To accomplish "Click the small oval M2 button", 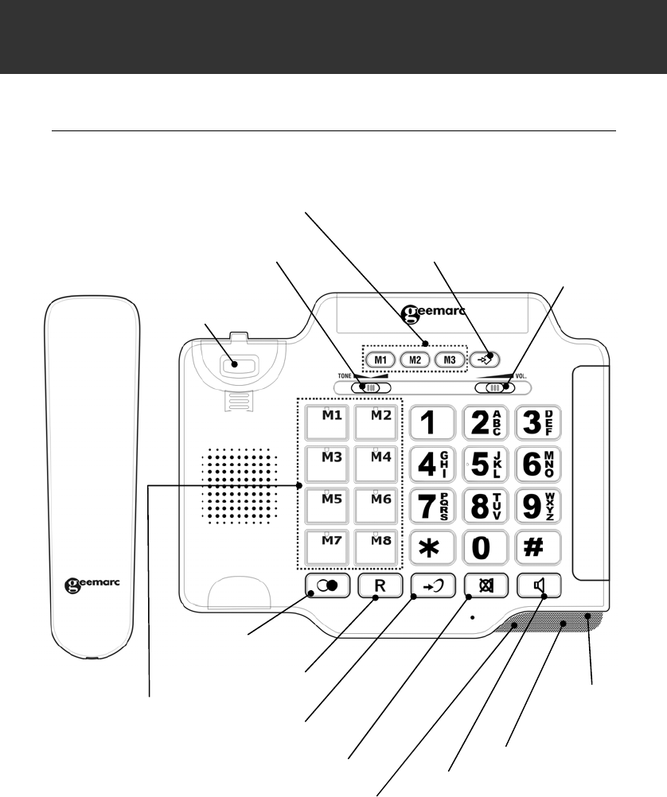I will click(415, 359).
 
